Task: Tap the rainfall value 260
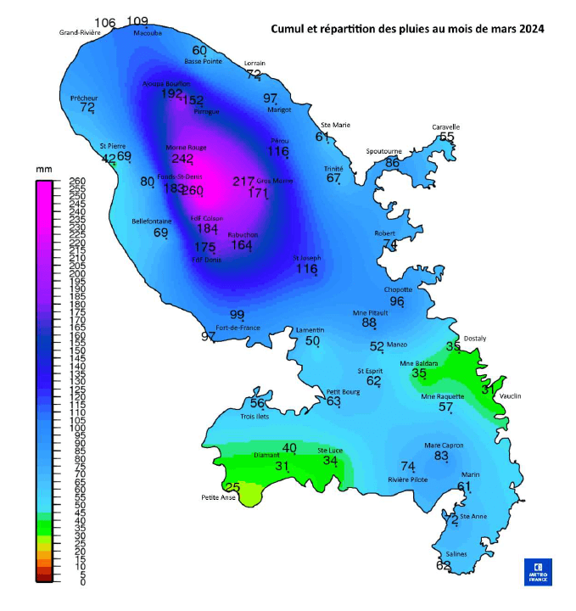[x=193, y=191]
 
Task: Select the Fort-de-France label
[x=238, y=328]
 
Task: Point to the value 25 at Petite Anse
[x=232, y=488]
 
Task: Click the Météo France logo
[x=538, y=571]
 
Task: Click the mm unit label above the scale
[x=43, y=170]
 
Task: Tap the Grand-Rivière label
[x=81, y=33]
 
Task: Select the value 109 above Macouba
[x=137, y=22]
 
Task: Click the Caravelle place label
[x=445, y=127]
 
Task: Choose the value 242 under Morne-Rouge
[x=182, y=159]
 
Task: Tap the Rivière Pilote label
[x=409, y=479]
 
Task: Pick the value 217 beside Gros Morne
[x=243, y=182]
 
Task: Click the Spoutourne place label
[x=383, y=151]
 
